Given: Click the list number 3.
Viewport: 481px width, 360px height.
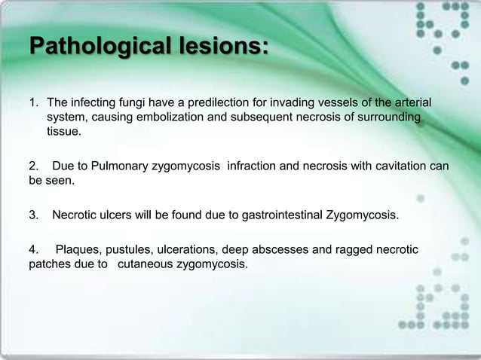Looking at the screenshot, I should coord(33,216).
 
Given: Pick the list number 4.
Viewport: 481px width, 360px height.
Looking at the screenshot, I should coord(33,249).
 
